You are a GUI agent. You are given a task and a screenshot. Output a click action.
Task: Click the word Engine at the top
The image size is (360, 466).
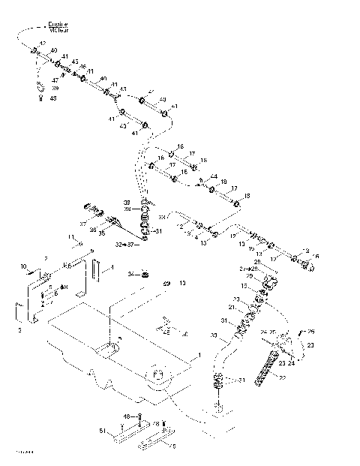pos(58,25)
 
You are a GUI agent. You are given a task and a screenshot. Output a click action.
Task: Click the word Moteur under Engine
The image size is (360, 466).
pos(58,32)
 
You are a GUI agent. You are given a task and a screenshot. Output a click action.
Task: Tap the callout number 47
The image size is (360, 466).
pos(55,80)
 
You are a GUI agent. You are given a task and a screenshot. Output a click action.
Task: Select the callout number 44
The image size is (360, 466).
pos(214,176)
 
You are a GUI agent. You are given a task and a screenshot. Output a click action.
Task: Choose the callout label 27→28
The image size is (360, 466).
pos(248,268)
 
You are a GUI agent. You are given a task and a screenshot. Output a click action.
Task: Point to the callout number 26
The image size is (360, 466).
pos(311,331)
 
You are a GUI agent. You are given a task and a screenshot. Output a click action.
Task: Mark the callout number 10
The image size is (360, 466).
pos(23,266)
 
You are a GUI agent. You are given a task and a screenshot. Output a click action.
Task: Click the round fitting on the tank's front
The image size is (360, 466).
pos(157,375)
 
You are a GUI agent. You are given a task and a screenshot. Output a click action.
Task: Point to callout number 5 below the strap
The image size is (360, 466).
pos(175,444)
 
